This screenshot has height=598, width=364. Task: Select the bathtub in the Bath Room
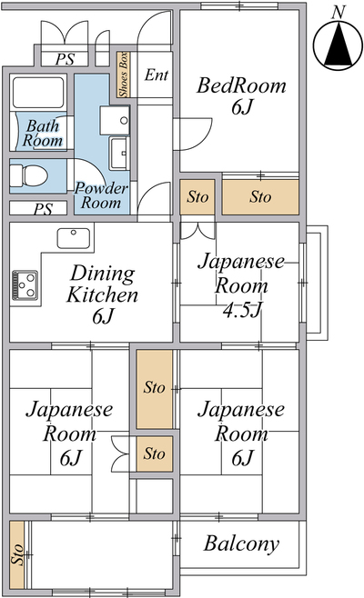(x=38, y=93)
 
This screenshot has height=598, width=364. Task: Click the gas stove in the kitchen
(x=25, y=285)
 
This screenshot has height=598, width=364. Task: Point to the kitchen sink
(x=74, y=238)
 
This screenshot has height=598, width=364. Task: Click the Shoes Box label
(x=124, y=75)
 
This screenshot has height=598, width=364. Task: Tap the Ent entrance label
(x=157, y=75)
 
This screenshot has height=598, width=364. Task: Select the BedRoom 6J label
(x=241, y=96)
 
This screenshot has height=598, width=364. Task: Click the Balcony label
(x=241, y=544)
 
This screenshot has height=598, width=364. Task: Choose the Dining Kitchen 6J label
(x=102, y=294)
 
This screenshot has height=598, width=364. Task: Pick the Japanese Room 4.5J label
(x=241, y=285)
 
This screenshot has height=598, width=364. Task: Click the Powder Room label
(x=101, y=195)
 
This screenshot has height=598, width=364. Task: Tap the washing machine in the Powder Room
(x=115, y=120)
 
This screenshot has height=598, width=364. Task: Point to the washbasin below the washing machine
(x=119, y=154)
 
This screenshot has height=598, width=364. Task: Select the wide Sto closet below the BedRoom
(x=260, y=197)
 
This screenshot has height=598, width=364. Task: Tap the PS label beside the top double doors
(x=66, y=59)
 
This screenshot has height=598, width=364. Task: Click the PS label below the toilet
(x=43, y=209)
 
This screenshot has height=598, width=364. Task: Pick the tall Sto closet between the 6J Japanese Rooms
(x=155, y=389)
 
